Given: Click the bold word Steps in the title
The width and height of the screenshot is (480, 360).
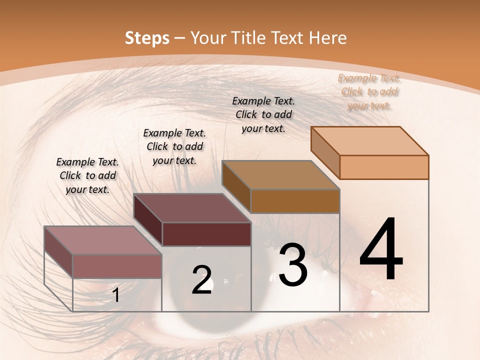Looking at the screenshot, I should click(x=147, y=38).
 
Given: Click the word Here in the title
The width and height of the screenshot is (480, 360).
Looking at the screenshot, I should click(x=328, y=38).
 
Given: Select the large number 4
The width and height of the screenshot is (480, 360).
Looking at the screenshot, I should click(x=381, y=250).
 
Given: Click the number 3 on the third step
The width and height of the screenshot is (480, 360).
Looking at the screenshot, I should click(x=293, y=265).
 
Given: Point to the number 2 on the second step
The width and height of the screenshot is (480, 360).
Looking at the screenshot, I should click(x=202, y=280).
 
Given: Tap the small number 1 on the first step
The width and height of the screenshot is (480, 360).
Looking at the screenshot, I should click(x=116, y=295).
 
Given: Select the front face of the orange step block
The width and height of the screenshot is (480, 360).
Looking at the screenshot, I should click(x=384, y=167).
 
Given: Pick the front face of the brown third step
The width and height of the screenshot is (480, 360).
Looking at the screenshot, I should click(x=295, y=201).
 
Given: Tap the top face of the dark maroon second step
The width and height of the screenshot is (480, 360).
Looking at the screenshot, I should click(x=192, y=208).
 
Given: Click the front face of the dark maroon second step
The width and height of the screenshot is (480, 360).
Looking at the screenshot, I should click(x=206, y=234).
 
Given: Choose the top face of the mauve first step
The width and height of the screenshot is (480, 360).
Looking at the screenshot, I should click(x=103, y=240).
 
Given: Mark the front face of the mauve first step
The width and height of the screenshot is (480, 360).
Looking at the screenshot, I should click(x=117, y=266).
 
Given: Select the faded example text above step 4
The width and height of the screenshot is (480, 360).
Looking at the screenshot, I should click(x=369, y=92).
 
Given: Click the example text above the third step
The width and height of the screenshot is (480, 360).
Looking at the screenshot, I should click(x=263, y=114).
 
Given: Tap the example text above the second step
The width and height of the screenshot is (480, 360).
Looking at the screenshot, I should click(x=174, y=146).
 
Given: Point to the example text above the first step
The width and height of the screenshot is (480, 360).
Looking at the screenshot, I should click(x=87, y=175).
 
